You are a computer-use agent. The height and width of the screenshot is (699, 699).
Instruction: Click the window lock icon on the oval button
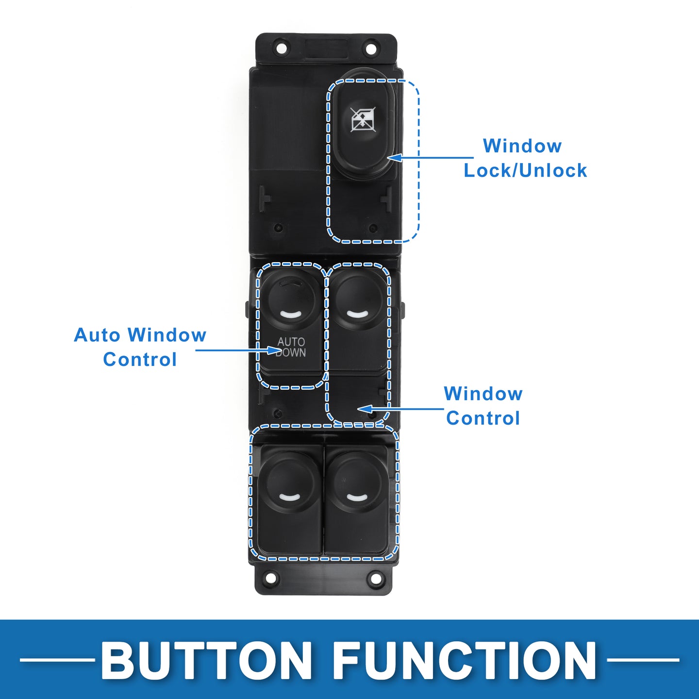363,119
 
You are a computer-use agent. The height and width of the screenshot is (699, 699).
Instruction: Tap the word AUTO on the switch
291,342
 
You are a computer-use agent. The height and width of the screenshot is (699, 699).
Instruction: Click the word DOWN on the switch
291,352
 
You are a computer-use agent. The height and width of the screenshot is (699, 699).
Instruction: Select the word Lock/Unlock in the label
525,170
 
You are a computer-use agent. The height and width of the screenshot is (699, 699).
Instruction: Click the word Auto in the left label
97,335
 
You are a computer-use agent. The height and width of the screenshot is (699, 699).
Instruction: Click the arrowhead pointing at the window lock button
394,158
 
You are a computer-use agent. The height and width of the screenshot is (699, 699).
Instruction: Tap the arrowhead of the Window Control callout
365,409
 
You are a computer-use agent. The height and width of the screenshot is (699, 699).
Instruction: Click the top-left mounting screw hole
282,48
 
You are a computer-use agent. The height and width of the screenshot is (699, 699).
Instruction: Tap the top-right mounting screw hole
370,49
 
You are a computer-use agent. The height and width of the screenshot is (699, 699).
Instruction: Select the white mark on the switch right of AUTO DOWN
358,314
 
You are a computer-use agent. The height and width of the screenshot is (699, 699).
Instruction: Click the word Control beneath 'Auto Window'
140,360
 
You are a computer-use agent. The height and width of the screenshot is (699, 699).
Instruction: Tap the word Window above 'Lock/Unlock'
522,146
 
